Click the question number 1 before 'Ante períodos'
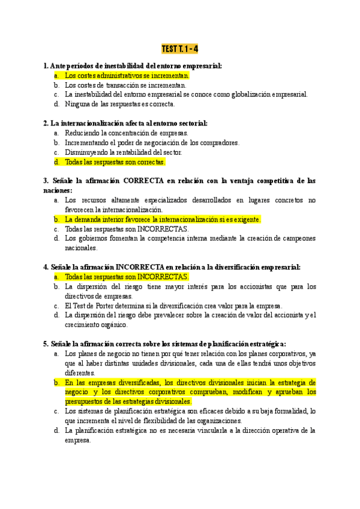point(46,66)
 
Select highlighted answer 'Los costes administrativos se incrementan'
point(127,76)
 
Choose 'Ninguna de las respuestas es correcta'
point(120,104)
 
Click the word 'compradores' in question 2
point(220,142)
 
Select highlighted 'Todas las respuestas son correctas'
point(115,161)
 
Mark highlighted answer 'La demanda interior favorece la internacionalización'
point(163,220)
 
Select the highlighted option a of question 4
point(127,277)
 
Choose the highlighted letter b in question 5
point(56,382)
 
